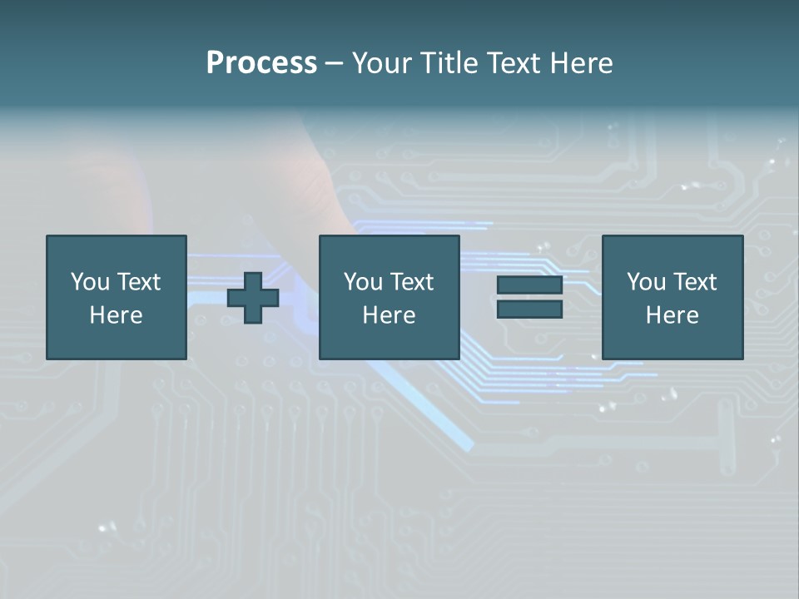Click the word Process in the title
coord(261,63)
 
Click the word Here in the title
coord(582,63)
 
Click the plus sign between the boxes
coord(253,298)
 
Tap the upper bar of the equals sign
coord(529,285)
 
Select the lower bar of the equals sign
coord(529,309)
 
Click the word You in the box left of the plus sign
coord(90,282)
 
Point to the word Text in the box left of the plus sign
coord(137,282)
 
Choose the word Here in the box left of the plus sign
coord(116,315)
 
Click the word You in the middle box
coord(363,282)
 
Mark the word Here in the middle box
coord(389,315)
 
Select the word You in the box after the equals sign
coord(646,282)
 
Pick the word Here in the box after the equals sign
coord(672,315)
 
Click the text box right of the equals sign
coord(672,341)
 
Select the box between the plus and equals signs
coord(390,341)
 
